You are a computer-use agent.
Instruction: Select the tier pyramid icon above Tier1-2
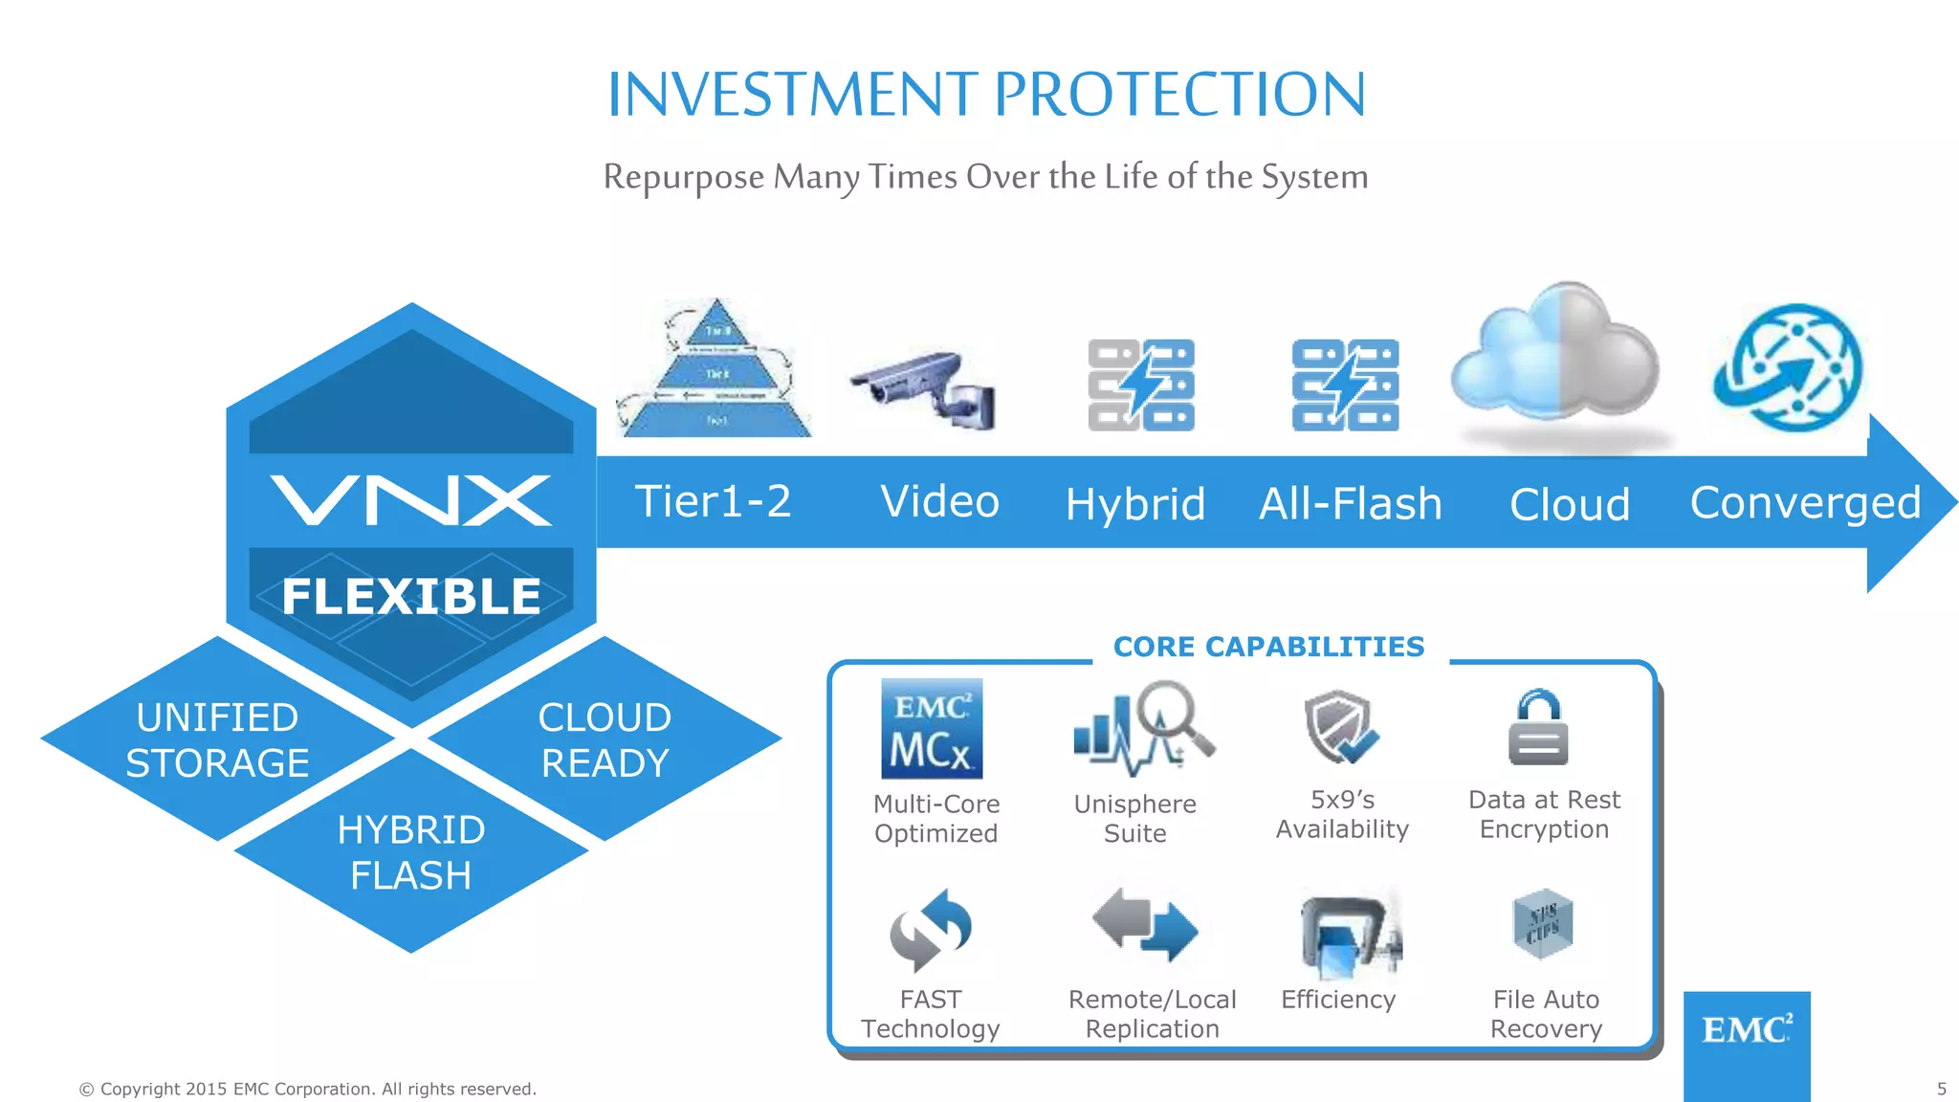point(716,370)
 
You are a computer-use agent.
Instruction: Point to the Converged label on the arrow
point(1805,502)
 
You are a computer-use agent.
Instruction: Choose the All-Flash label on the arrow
point(1350,503)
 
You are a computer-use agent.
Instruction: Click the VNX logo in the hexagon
point(411,500)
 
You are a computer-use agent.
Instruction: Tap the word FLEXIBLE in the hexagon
point(411,597)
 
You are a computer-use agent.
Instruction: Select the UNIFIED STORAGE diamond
point(218,739)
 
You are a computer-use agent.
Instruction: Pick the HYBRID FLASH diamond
point(411,851)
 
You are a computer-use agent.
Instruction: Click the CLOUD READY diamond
point(605,739)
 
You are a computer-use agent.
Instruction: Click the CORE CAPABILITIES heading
point(1268,647)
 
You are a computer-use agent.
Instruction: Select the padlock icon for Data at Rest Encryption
point(1538,728)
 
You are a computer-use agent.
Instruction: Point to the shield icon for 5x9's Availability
point(1339,728)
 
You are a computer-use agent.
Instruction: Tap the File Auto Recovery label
point(1546,1014)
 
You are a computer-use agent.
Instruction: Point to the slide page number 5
point(1942,1089)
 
